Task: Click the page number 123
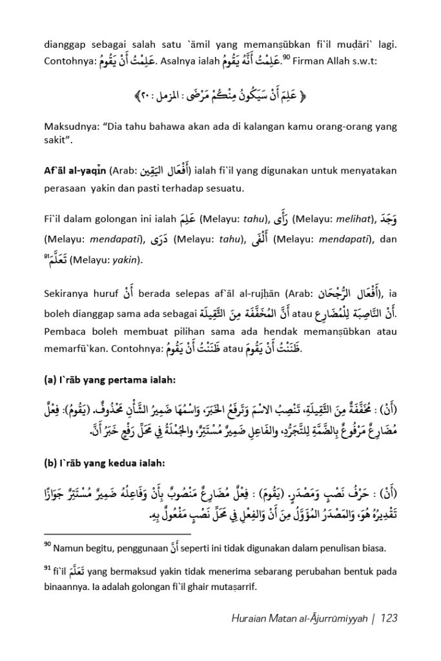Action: (389, 618)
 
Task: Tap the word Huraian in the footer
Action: (249, 618)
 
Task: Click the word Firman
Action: (311, 63)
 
